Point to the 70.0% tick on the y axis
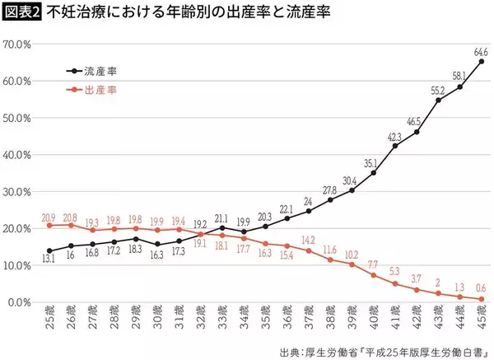17,44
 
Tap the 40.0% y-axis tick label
17,155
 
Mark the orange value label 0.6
481,288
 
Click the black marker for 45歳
481,62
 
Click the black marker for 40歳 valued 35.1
374,173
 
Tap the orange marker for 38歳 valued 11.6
330,259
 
